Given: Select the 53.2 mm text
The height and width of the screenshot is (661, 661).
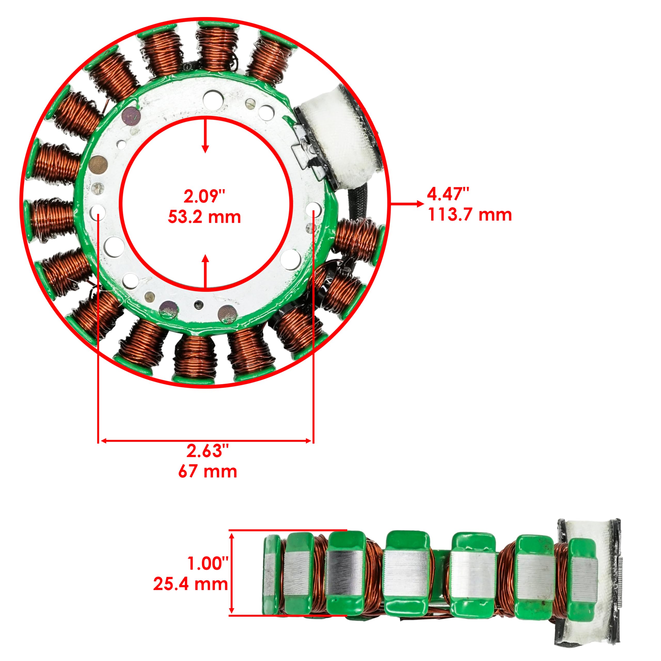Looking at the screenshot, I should pos(204,217).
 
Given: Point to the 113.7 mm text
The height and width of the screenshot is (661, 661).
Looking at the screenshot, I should pos(470,215).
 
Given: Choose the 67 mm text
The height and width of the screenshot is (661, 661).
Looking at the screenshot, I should pos(207,471).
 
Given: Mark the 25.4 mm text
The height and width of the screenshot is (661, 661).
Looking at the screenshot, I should pos(190,584).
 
